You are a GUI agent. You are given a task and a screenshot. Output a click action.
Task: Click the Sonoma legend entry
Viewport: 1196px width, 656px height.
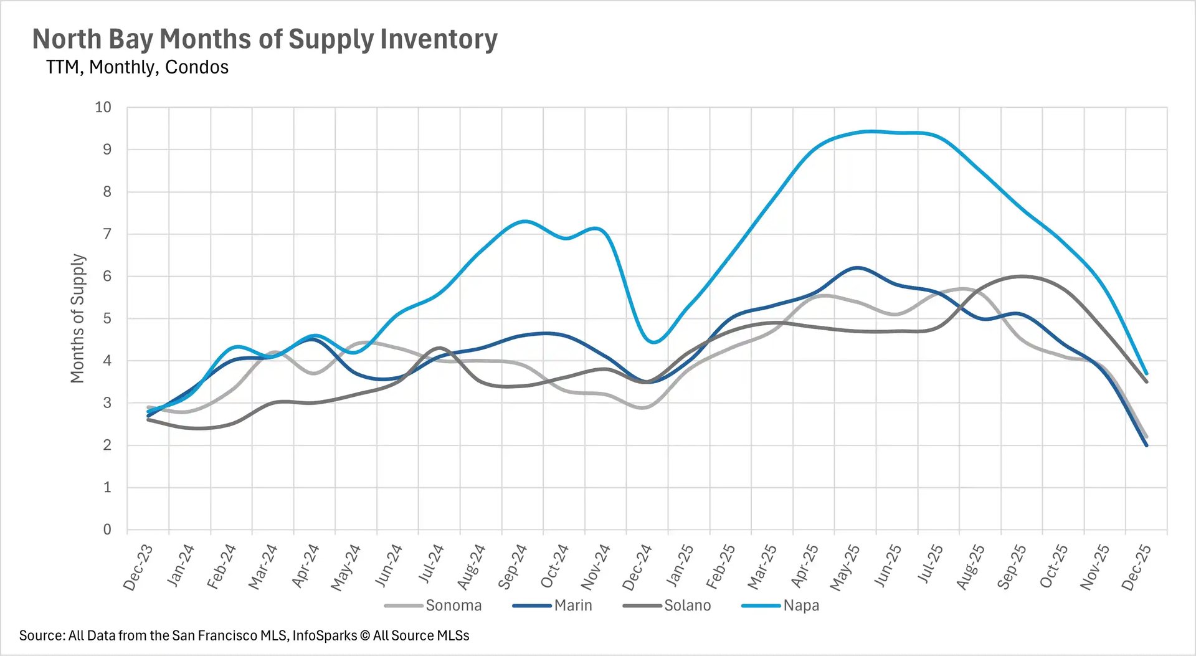point(453,606)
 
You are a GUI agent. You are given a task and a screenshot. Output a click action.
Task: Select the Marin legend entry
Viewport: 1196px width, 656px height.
point(572,606)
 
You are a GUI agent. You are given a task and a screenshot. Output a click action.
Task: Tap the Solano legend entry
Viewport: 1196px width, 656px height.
point(686,606)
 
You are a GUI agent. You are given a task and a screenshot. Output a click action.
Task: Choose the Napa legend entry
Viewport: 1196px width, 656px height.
point(800,606)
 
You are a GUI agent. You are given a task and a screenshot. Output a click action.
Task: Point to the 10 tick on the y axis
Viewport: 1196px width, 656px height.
point(103,107)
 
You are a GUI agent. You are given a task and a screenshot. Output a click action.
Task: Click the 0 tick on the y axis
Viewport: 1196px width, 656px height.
point(107,530)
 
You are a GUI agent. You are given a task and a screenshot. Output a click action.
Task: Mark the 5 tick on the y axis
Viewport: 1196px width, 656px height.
point(107,318)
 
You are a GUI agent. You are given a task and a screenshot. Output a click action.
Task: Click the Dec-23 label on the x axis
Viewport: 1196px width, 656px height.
point(138,568)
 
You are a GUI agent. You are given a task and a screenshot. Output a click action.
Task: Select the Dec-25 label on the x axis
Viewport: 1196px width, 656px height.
point(1136,568)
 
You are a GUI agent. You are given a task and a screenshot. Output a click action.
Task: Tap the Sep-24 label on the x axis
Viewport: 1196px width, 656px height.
point(512,568)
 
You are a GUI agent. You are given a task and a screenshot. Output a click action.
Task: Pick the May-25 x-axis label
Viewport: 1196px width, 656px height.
point(845,568)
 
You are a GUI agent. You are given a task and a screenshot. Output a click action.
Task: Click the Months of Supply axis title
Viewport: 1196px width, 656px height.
point(77,318)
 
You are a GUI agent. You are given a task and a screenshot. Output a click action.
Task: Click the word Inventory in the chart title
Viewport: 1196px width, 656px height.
point(439,39)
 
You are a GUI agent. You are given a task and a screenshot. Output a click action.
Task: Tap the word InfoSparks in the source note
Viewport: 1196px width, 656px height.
point(325,635)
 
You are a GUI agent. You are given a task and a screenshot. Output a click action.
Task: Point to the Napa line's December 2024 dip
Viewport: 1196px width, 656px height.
point(653,342)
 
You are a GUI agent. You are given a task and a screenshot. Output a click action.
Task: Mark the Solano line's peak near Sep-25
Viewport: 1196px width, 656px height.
point(1022,276)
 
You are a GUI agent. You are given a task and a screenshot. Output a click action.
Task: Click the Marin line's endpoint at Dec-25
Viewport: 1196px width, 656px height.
point(1146,445)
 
